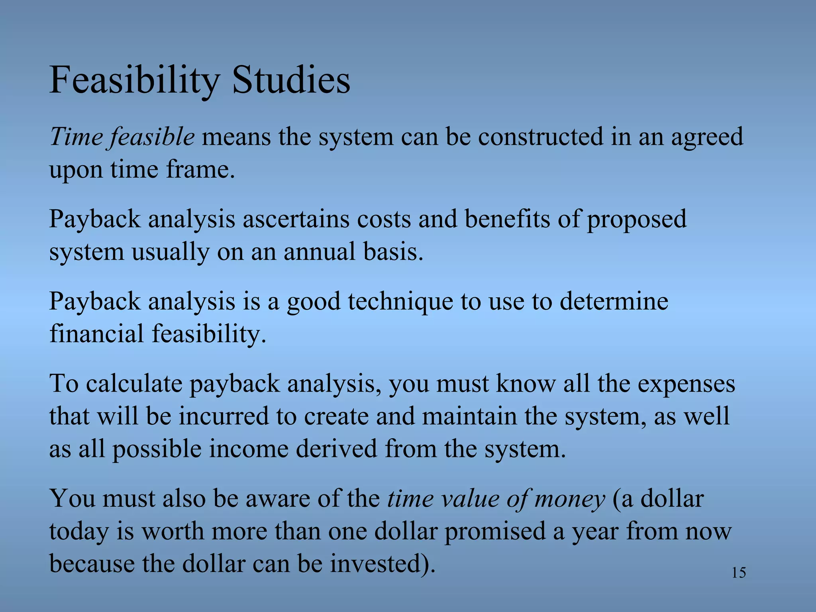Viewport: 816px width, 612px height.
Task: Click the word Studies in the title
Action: tap(291, 81)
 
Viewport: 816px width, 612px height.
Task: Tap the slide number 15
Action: tap(739, 573)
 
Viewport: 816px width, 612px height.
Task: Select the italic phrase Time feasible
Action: tap(122, 137)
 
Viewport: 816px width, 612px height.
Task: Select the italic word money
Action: tap(570, 500)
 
